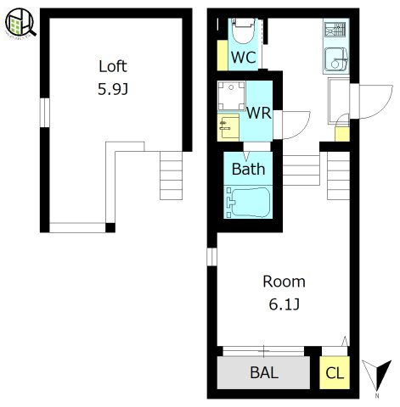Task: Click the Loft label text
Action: click(x=113, y=66)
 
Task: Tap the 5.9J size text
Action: click(x=113, y=89)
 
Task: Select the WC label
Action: click(x=244, y=57)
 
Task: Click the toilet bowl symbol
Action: click(x=243, y=31)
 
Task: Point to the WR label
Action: click(x=259, y=113)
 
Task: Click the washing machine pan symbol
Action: click(x=231, y=96)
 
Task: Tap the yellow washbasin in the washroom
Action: click(x=228, y=127)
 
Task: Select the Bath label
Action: click(x=249, y=169)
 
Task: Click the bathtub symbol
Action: click(x=248, y=203)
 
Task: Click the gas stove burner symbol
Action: click(x=335, y=30)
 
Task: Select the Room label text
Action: click(x=284, y=282)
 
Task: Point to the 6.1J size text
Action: click(x=284, y=304)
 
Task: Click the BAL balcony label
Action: click(x=264, y=372)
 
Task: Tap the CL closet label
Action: click(x=335, y=373)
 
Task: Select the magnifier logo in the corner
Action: click(x=20, y=23)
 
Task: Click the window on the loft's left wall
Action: click(x=45, y=113)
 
